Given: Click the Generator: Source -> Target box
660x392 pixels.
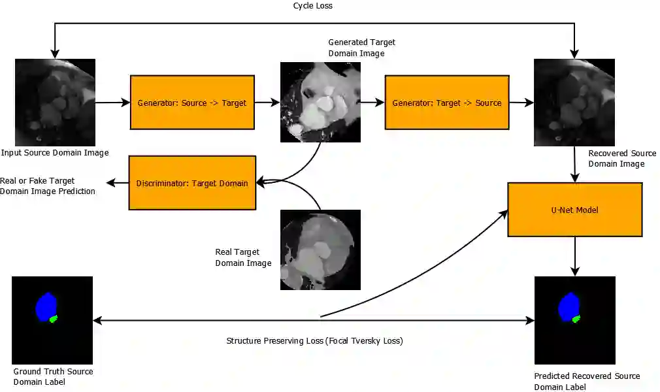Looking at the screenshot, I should [x=191, y=103].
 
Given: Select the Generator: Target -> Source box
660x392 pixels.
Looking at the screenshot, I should [x=447, y=103].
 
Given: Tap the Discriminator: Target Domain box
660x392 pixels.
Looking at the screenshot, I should [x=192, y=183].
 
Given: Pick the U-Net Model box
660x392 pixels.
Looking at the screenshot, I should [x=575, y=210].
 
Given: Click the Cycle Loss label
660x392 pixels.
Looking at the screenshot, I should [x=313, y=6].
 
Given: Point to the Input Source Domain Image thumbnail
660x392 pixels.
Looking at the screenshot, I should [x=55, y=103].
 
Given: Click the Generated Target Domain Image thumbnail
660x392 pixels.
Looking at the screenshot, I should [x=321, y=103].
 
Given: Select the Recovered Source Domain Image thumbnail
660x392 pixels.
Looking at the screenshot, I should [x=574, y=103].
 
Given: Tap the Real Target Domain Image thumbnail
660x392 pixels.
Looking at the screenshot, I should [x=320, y=250].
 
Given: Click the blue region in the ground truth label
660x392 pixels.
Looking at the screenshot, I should [x=45, y=307].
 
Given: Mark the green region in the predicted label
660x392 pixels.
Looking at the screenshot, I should [x=576, y=319].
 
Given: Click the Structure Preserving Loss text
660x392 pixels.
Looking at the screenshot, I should [x=315, y=341].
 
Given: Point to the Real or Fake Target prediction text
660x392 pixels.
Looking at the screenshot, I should [x=47, y=186].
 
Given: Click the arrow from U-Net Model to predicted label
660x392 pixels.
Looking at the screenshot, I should [x=575, y=256].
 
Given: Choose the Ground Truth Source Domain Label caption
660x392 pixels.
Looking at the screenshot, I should [x=54, y=376].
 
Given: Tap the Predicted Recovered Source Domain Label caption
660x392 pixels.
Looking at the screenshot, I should [x=587, y=382].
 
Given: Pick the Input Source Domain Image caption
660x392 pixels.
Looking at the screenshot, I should [x=55, y=153].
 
